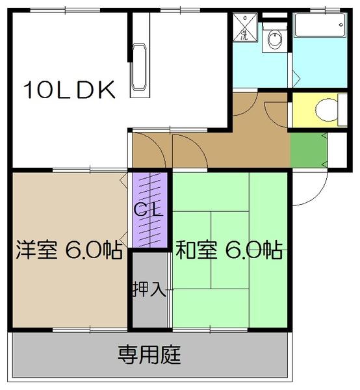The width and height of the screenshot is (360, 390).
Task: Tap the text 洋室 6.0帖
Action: coord(68,250)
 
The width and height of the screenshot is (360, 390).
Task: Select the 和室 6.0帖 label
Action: coord(227,250)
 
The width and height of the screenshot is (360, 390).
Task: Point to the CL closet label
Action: coord(149,209)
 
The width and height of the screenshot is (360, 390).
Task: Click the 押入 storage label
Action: coord(150,288)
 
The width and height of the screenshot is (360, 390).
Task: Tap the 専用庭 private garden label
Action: coord(149,356)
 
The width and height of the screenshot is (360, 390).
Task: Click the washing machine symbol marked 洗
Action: coord(244,26)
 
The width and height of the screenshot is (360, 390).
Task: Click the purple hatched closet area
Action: coord(150,208)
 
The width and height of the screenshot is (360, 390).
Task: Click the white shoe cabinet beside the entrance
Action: coord(337,149)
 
